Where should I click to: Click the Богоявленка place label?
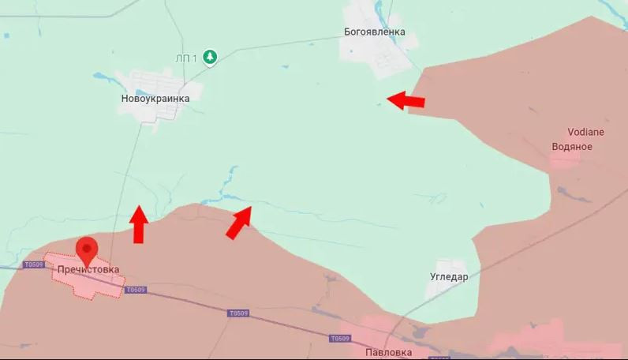(375, 32)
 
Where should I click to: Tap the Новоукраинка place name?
(155, 99)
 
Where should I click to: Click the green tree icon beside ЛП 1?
(210, 57)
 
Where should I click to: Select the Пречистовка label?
(88, 269)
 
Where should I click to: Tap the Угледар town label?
(449, 277)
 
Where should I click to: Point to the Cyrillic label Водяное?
(572, 146)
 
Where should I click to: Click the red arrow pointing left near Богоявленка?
(406, 101)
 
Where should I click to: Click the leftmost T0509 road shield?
(33, 264)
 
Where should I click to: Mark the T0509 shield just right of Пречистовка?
(135, 290)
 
